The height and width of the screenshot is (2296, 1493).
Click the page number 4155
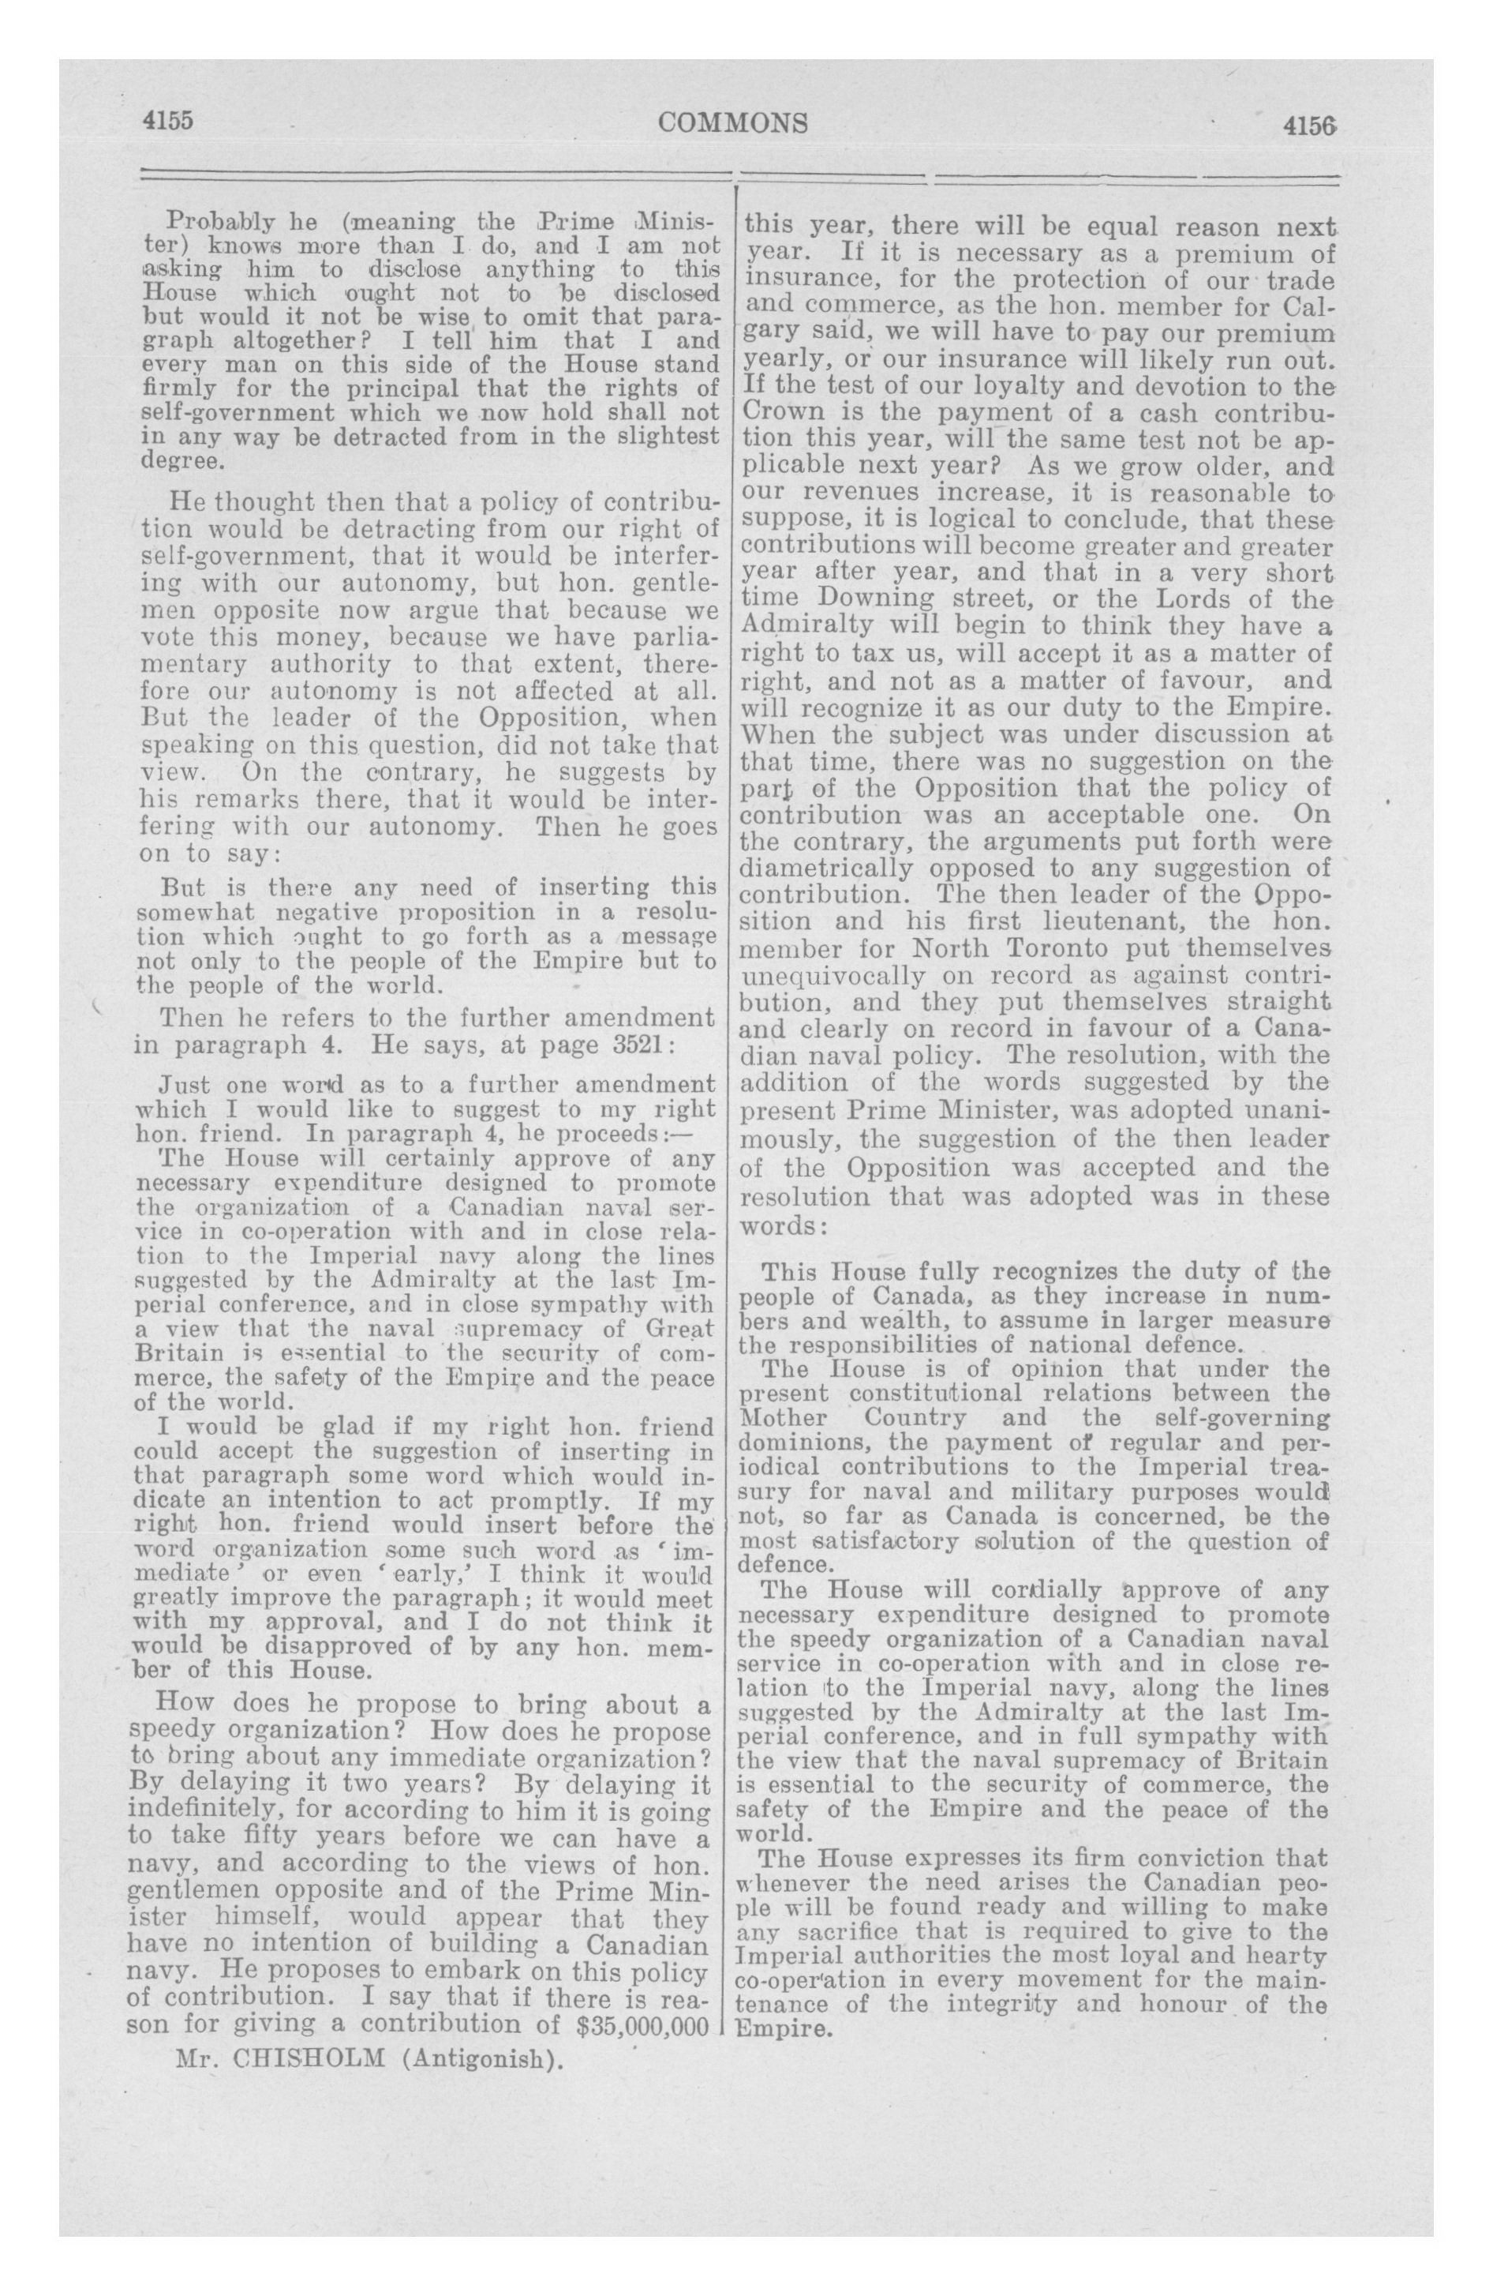click(x=169, y=122)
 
